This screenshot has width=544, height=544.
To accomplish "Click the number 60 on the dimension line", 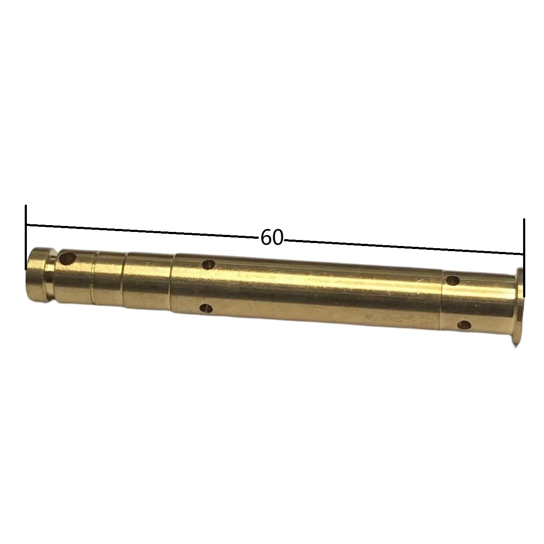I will point(272,237).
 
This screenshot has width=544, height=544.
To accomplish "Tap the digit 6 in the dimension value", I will point(266,237).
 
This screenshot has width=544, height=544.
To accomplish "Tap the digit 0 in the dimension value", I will point(277,237).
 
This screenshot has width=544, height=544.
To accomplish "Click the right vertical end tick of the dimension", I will point(524,257).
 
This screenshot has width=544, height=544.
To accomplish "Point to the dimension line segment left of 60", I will point(141,230).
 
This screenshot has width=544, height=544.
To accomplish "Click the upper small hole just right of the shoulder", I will point(209,264).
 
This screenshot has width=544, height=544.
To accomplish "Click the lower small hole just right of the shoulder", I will point(207,308).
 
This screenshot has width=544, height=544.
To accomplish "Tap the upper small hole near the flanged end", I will point(453,280).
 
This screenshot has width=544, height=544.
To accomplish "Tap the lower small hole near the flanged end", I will point(464,326).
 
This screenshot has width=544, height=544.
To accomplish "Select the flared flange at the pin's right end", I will point(518,307).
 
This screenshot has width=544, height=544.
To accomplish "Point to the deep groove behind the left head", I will point(52,277).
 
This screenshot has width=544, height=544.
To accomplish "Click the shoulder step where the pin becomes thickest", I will point(172,284).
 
